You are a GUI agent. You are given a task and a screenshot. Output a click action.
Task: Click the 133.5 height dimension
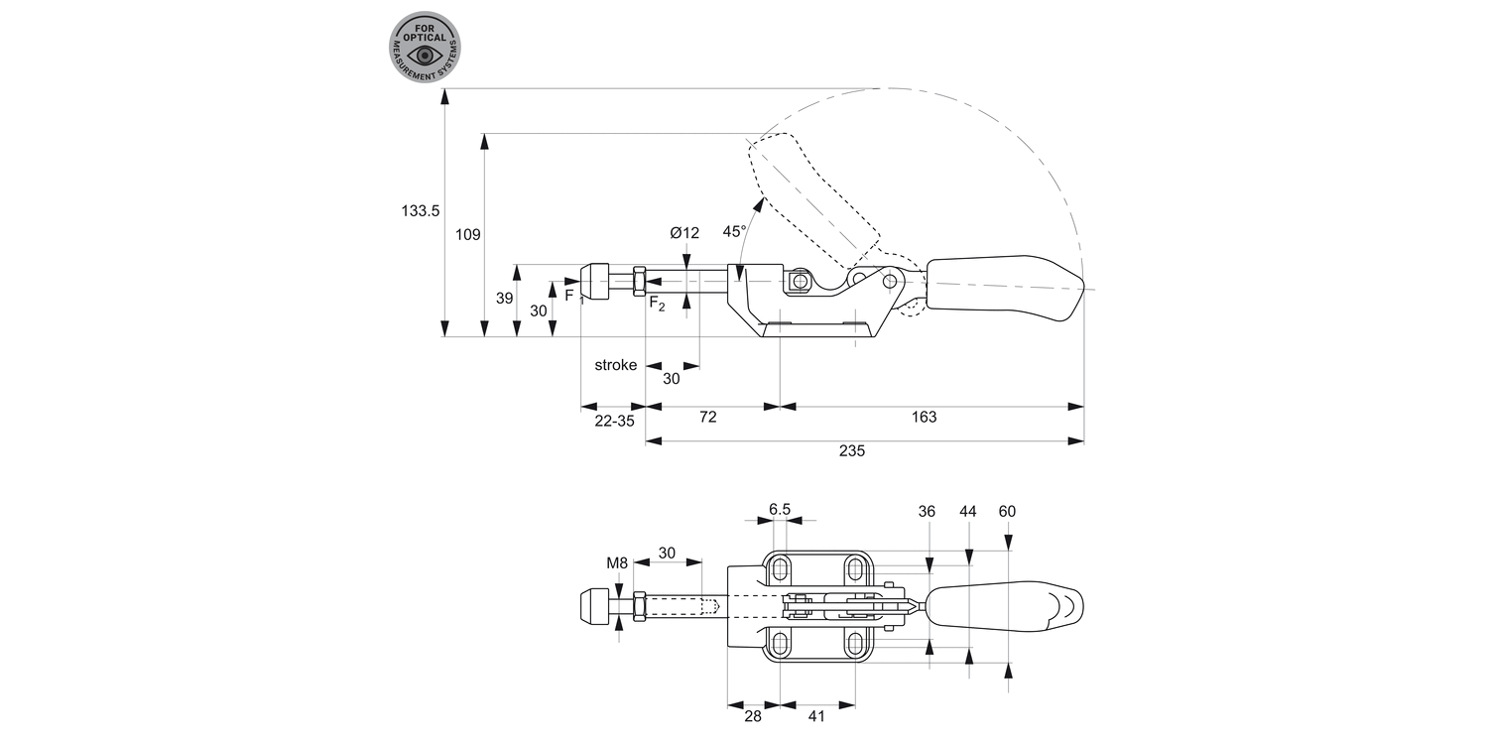click(420, 210)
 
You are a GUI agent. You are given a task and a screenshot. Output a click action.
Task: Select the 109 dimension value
click(468, 235)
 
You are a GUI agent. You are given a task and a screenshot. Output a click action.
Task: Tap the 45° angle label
click(734, 231)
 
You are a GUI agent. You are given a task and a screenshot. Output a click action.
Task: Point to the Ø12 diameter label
click(684, 233)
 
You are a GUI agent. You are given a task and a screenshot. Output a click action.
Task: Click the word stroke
click(615, 365)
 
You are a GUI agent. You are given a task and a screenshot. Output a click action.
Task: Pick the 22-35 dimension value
click(613, 421)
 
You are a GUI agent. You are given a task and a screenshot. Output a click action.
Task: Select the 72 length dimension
click(707, 418)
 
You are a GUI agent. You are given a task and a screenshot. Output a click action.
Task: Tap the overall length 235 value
click(852, 450)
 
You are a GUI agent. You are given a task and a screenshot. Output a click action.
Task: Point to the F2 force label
click(657, 305)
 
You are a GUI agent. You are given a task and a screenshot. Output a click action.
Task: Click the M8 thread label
click(617, 563)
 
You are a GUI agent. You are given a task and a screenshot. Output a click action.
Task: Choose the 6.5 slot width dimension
click(780, 510)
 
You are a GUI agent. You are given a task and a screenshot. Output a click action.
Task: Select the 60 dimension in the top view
click(1007, 512)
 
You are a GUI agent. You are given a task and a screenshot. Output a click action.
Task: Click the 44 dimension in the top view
click(968, 512)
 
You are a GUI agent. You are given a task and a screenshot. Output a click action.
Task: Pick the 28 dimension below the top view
click(752, 715)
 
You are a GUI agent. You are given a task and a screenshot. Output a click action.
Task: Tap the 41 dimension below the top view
click(816, 715)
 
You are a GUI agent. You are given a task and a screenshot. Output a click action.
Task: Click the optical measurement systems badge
click(426, 47)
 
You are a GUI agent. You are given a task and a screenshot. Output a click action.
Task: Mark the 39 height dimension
click(505, 298)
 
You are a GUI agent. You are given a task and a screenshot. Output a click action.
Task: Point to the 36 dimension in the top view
click(928, 512)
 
